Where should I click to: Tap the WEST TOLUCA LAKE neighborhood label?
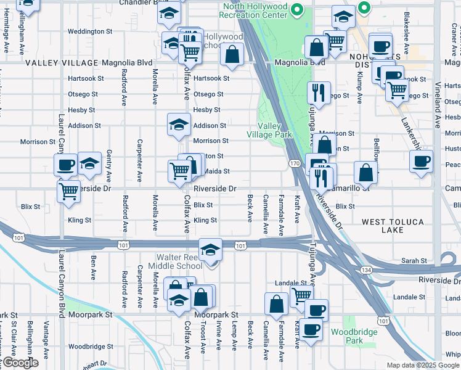(391, 226)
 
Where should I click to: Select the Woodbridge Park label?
(346, 336)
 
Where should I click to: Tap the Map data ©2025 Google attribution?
(423, 365)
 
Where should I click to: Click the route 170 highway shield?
(295, 163)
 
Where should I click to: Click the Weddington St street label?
(90, 31)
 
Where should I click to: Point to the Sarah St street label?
(414, 261)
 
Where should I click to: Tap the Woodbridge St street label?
(90, 347)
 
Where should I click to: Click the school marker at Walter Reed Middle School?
(211, 249)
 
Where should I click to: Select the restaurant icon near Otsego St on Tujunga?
(319, 92)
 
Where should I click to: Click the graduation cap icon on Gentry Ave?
(90, 163)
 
